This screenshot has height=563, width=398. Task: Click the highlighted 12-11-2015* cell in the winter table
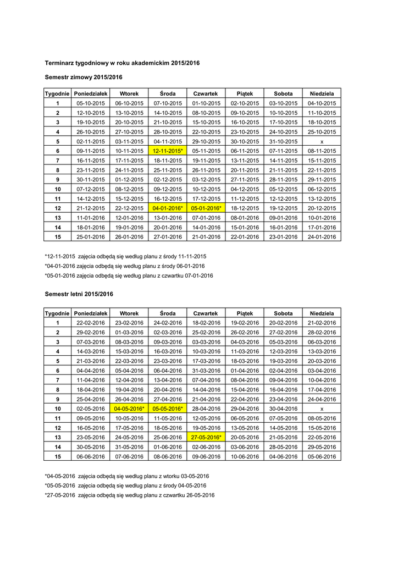[168, 151]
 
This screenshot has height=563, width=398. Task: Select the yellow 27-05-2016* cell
[206, 437]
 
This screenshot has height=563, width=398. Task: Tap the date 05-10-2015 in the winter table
[90, 103]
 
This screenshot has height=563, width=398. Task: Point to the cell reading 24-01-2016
[322, 237]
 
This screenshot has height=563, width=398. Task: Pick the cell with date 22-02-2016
[90, 323]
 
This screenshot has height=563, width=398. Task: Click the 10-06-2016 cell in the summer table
[245, 456]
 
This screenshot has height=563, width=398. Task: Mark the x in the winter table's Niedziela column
[322, 141]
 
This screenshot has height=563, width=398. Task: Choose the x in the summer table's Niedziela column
[322, 409]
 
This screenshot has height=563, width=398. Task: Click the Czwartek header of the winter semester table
[206, 93]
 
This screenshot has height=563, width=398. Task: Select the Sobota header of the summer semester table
[283, 313]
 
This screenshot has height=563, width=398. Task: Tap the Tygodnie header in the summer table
[57, 313]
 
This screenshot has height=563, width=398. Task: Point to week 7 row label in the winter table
[57, 161]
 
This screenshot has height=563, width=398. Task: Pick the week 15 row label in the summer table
[57, 456]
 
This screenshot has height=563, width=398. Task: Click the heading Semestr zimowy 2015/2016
[83, 77]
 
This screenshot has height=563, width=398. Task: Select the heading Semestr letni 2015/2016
[79, 294]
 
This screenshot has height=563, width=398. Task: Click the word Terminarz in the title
[60, 63]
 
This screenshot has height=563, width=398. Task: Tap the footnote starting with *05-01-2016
[129, 275]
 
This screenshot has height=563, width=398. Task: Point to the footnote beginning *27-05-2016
[129, 495]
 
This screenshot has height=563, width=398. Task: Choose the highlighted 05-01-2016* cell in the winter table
[206, 208]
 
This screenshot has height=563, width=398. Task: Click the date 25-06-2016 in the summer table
[168, 437]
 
